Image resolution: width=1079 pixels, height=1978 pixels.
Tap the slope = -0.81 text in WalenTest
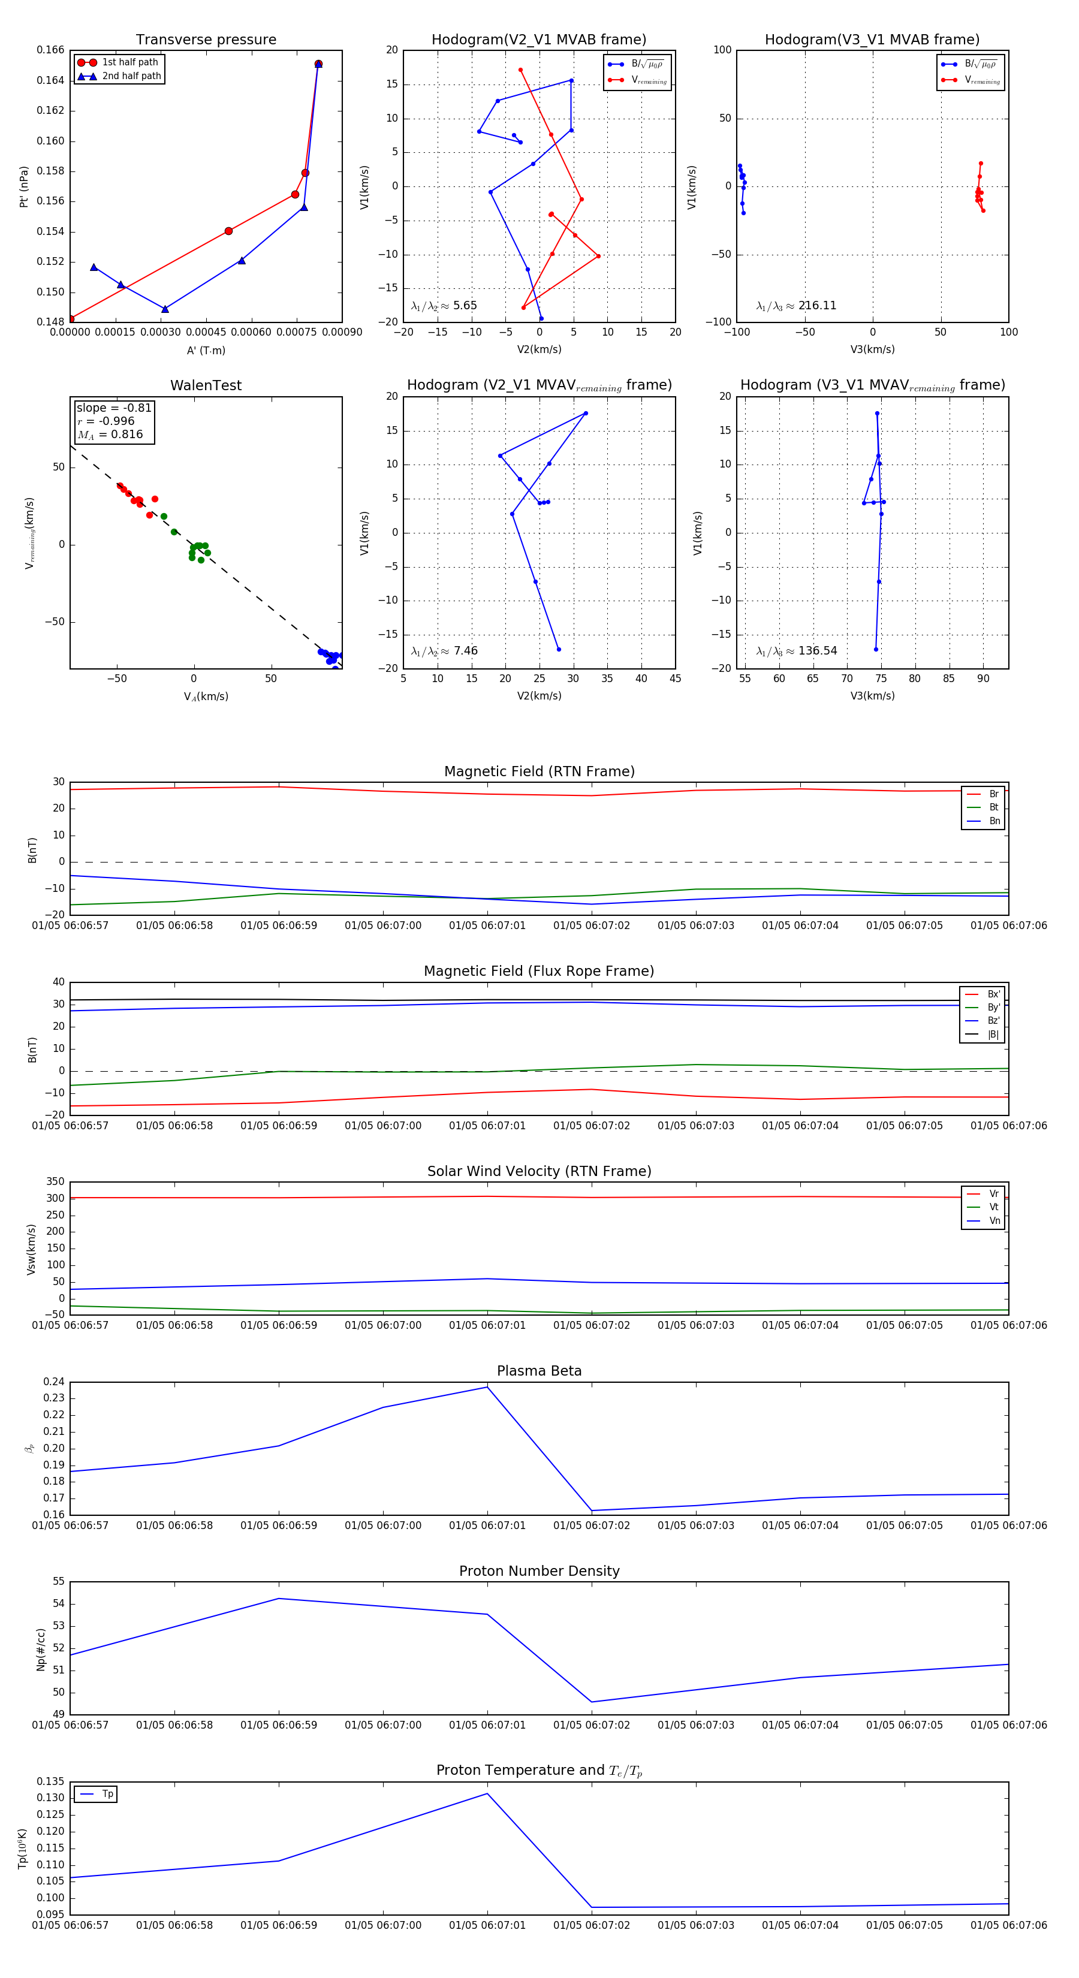114,408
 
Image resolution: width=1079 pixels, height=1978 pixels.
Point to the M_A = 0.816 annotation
110,435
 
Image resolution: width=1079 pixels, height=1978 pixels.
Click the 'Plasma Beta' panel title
539,1371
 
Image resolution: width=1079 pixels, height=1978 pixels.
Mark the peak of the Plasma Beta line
487,1387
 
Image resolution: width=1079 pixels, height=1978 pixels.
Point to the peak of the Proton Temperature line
487,1794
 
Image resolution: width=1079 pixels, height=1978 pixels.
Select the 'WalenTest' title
206,385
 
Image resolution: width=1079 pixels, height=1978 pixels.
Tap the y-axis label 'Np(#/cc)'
41,1650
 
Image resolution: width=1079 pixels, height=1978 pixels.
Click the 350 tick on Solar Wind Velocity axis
55,1182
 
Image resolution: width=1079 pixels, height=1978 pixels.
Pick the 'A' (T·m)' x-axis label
206,350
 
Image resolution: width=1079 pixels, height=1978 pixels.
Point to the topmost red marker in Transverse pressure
318,64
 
